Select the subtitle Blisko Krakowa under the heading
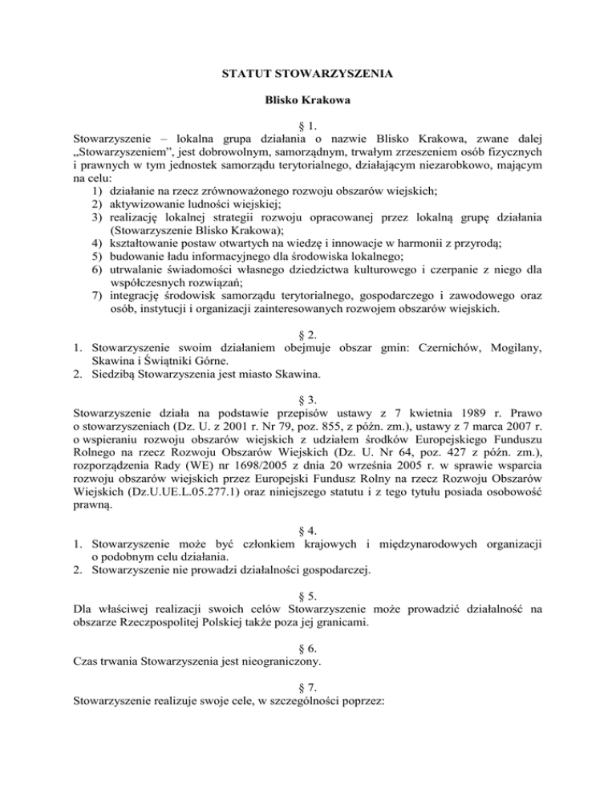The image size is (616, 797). click(307, 103)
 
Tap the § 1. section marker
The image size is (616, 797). click(307, 130)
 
